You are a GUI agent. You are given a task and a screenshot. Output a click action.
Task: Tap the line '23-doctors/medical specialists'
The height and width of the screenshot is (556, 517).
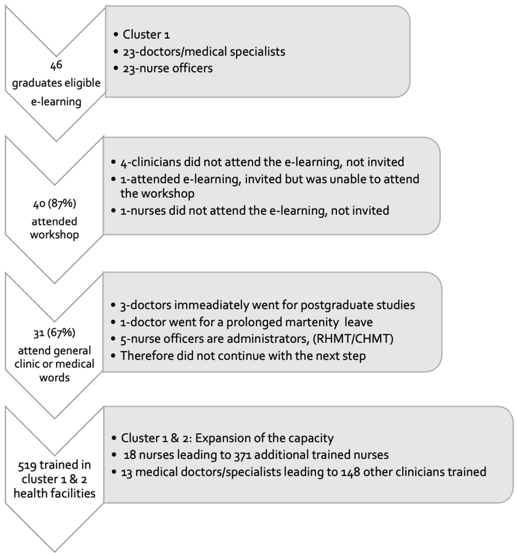[x=204, y=52]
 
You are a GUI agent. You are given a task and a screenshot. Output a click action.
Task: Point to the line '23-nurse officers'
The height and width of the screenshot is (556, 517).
[x=167, y=68]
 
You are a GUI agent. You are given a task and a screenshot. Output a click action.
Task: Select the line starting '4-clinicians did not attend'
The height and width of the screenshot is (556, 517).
[x=262, y=162]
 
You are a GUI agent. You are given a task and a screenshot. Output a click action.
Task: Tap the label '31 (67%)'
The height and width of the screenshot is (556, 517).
[x=54, y=333]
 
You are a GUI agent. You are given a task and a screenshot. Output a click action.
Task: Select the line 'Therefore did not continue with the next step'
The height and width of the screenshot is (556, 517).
[x=243, y=356]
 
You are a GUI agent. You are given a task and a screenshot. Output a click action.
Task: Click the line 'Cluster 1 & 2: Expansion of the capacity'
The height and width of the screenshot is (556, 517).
[x=227, y=438]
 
